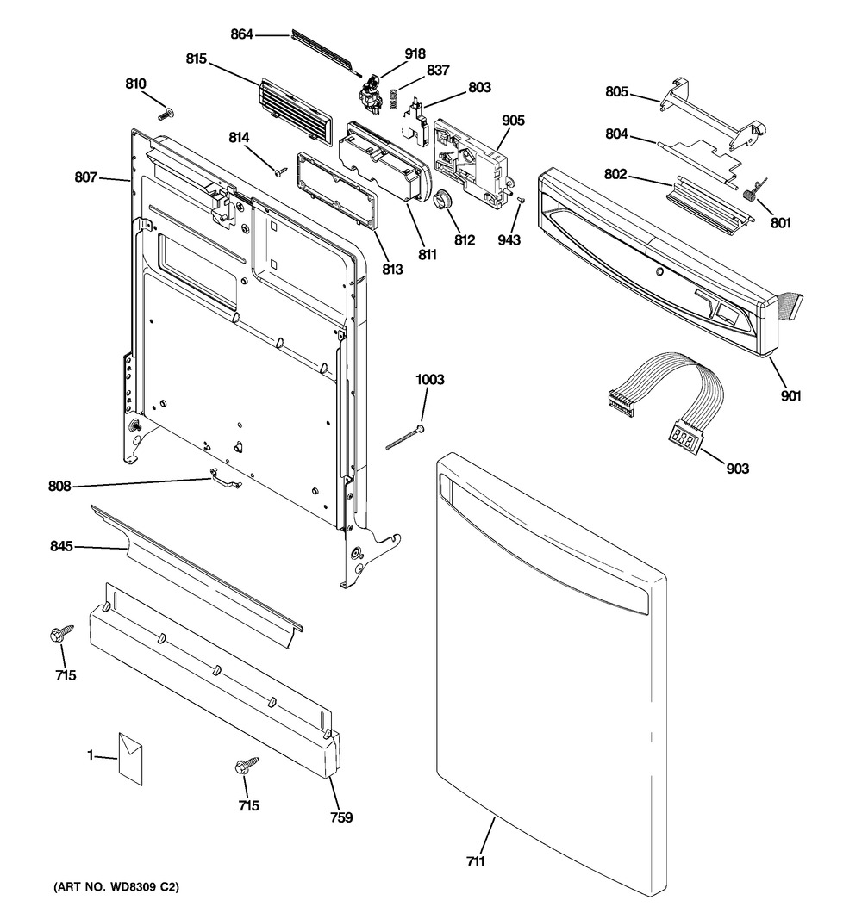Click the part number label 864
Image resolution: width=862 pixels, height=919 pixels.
[x=242, y=34]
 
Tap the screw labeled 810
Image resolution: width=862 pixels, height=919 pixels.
[x=164, y=114]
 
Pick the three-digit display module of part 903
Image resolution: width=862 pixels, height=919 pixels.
[x=685, y=437]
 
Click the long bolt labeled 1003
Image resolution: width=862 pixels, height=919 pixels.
[x=404, y=438]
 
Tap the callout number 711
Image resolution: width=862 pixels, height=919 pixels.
[x=476, y=860]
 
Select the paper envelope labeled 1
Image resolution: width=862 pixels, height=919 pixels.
[x=131, y=758]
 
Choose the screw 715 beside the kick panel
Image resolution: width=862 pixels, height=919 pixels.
[x=244, y=767]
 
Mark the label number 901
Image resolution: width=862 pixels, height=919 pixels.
[x=790, y=395]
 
